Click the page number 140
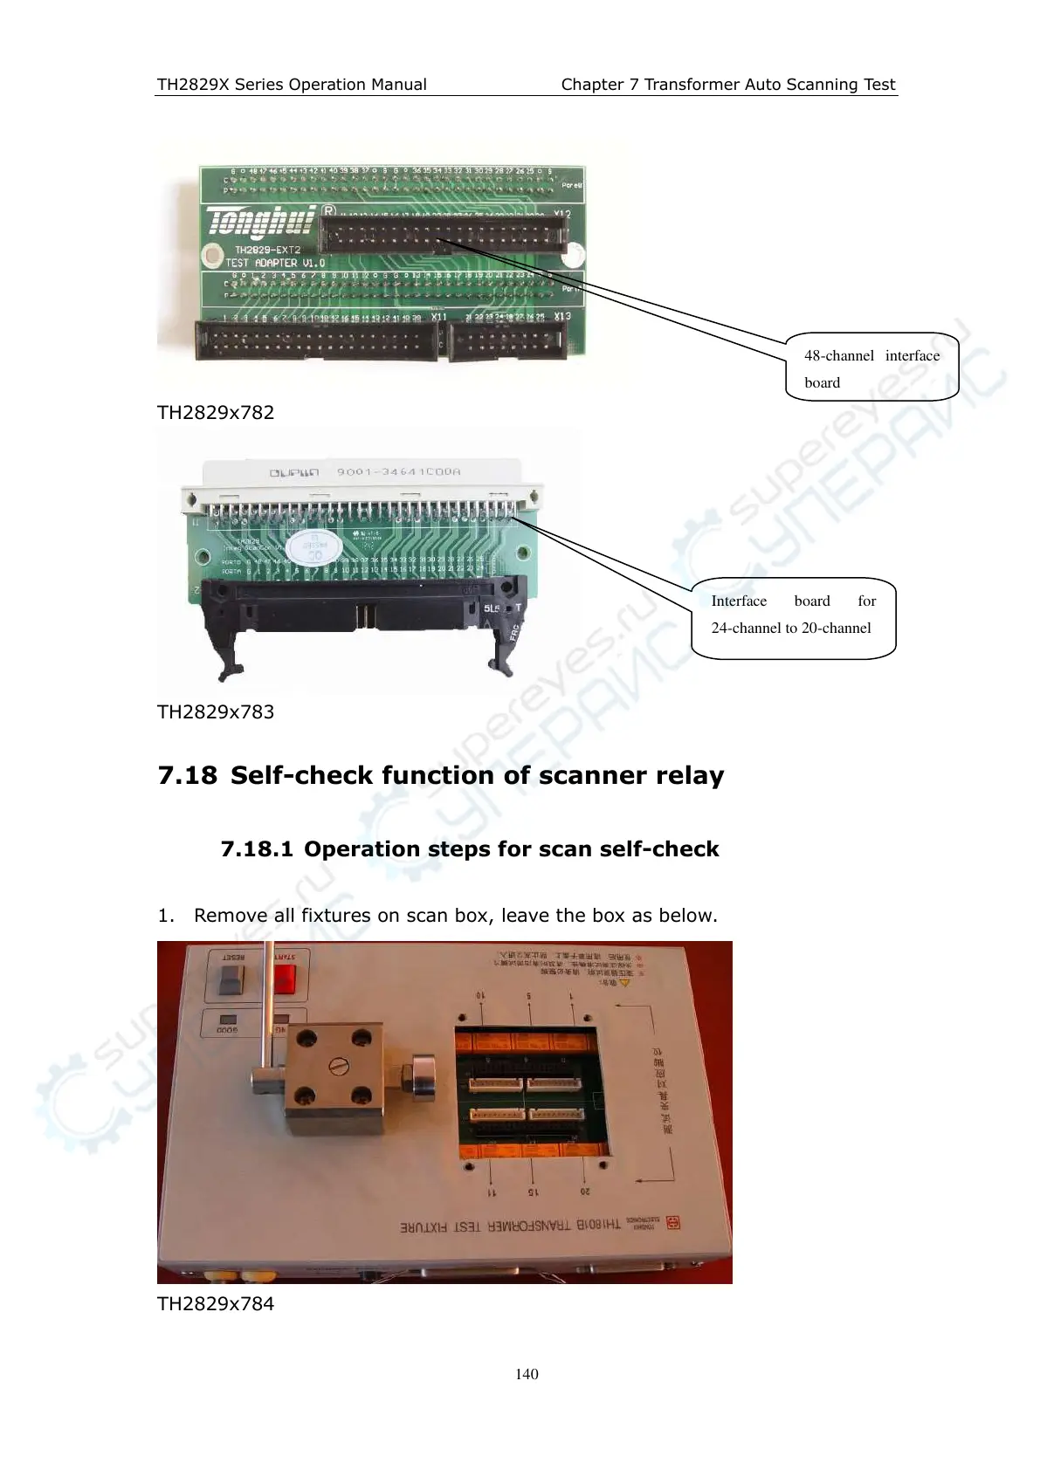coord(527,1374)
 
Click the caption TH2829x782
coord(216,413)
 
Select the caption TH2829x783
coord(216,712)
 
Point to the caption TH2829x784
coord(216,1304)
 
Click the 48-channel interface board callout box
coord(871,367)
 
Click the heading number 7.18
coord(187,776)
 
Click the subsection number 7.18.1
coord(257,849)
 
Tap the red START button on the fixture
coord(286,979)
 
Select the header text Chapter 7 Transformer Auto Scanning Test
coord(727,85)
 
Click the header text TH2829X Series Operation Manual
coord(292,85)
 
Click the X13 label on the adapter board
coord(562,316)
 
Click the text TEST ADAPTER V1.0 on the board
coord(275,263)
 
